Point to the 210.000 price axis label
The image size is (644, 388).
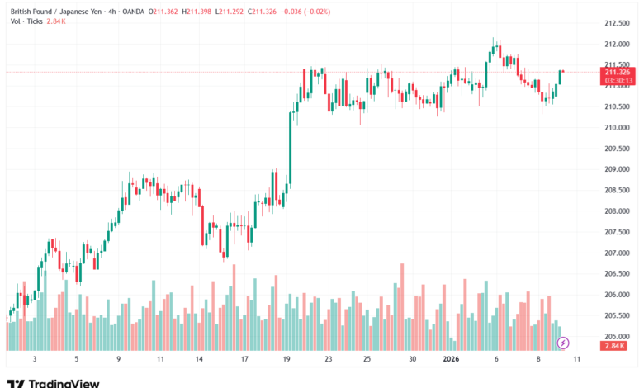(x=618, y=128)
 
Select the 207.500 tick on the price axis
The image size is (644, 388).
(x=618, y=232)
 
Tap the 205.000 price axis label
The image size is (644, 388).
(x=618, y=337)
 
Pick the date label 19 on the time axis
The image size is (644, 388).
(x=286, y=359)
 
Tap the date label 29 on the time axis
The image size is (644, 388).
(x=411, y=359)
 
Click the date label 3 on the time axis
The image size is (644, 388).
(x=34, y=359)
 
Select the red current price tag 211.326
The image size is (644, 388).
(x=618, y=73)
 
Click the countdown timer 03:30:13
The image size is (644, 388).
(x=618, y=81)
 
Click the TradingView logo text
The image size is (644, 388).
(x=64, y=383)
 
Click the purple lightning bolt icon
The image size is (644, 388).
(x=563, y=342)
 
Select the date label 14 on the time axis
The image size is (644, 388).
(x=199, y=359)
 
